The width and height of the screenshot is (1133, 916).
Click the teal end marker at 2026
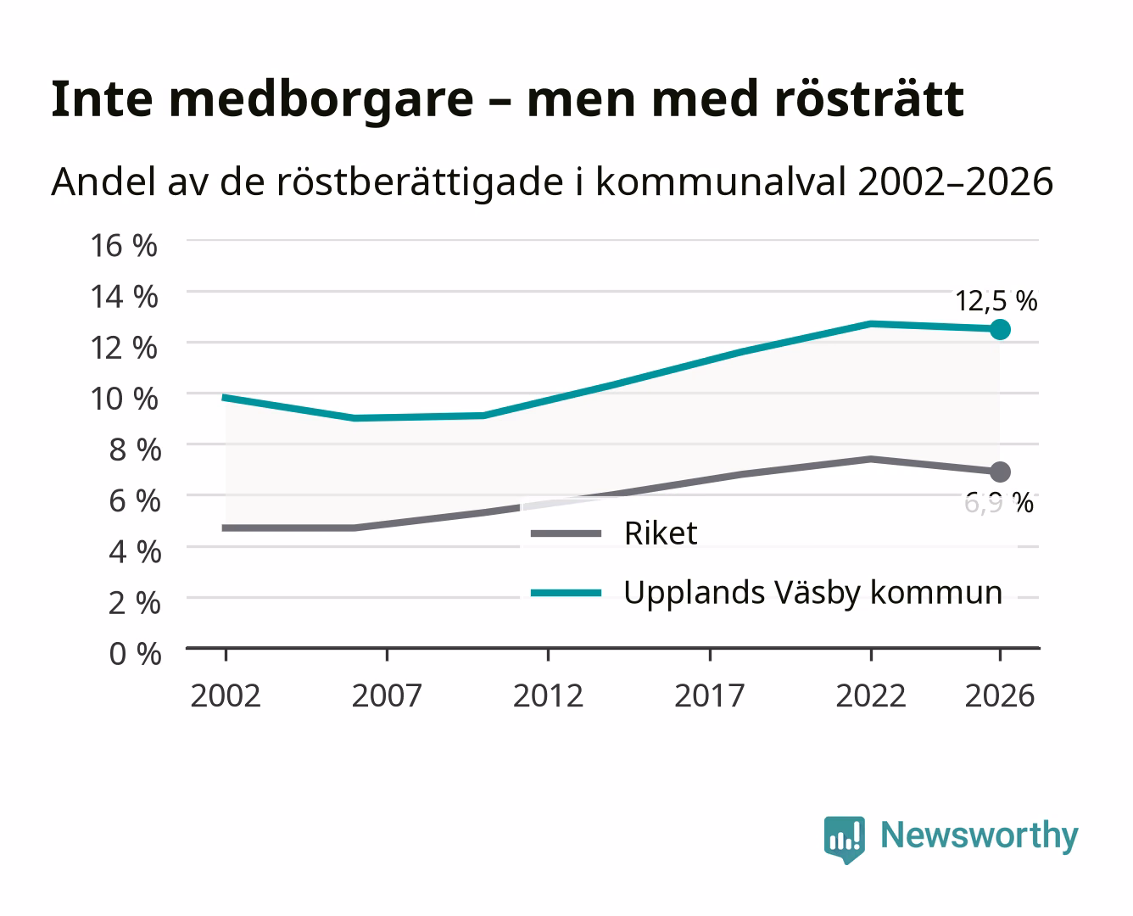(x=1000, y=330)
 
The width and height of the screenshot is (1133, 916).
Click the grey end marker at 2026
(x=1000, y=472)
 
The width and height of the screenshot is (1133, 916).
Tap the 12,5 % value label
(x=996, y=301)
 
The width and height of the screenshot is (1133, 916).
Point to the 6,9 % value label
(x=998, y=503)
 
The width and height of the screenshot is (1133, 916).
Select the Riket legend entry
(x=614, y=533)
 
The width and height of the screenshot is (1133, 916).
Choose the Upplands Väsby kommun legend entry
(x=766, y=593)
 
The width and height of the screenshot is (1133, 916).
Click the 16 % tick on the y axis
(x=124, y=246)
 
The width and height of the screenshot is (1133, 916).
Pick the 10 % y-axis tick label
(x=124, y=399)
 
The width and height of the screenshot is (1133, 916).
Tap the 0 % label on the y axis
(x=135, y=654)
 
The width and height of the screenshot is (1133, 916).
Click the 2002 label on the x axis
(x=226, y=695)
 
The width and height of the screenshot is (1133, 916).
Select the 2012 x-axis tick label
(x=548, y=695)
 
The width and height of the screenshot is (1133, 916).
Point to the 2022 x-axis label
(x=871, y=695)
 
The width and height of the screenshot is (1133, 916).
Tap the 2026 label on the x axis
(x=1000, y=695)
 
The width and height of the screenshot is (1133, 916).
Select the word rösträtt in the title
(x=869, y=98)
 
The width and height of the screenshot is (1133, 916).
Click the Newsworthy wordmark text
(x=980, y=836)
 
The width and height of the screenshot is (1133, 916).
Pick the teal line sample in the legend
(x=566, y=593)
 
